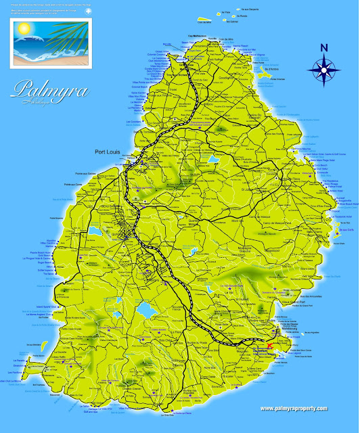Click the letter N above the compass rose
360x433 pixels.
tap(323, 47)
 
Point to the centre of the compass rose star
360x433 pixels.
tap(323, 68)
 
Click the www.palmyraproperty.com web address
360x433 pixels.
tap(292, 408)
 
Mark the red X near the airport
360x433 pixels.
tap(270, 346)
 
